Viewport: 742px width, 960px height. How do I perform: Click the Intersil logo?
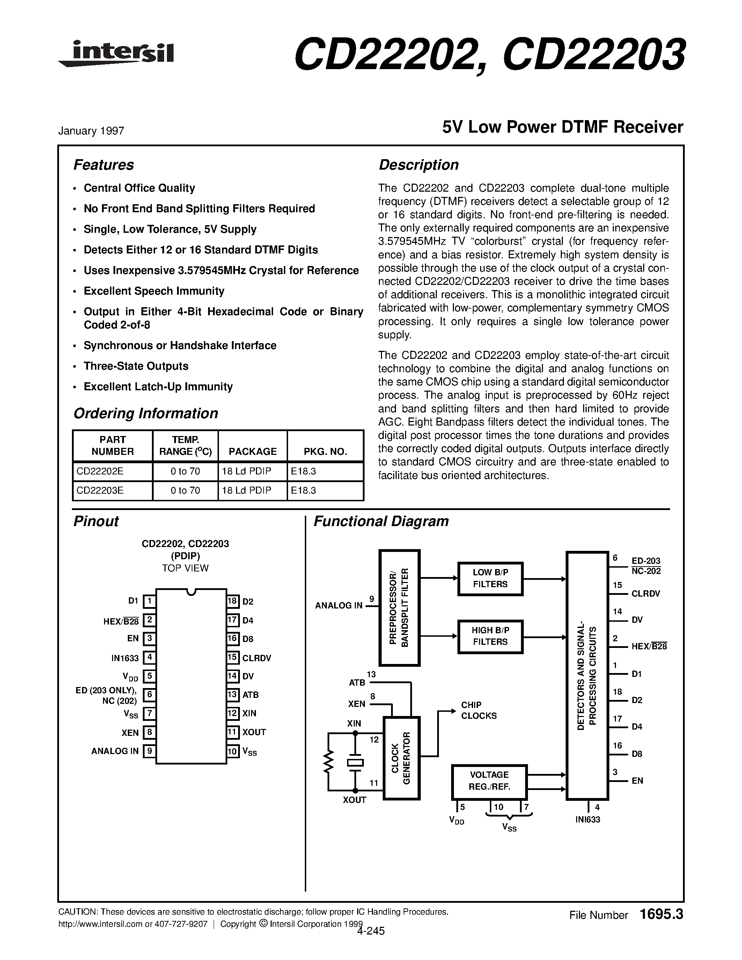pyautogui.click(x=117, y=54)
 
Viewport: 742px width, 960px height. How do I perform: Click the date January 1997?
pyautogui.click(x=91, y=131)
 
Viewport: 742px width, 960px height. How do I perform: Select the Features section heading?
pyautogui.click(x=103, y=165)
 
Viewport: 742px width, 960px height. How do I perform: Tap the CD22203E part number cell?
pyautogui.click(x=100, y=490)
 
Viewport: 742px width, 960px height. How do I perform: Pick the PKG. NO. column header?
pyautogui.click(x=325, y=451)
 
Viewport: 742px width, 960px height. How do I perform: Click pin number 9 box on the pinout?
pyautogui.click(x=149, y=751)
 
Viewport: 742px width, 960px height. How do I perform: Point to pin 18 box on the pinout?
pyautogui.click(x=233, y=601)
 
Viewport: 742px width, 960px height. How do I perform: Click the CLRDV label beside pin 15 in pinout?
pyautogui.click(x=257, y=658)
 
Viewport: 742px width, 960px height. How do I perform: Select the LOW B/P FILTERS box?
pyautogui.click(x=490, y=578)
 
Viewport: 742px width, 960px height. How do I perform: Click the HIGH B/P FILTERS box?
pyautogui.click(x=490, y=636)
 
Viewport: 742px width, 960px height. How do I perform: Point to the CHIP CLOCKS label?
pyautogui.click(x=478, y=710)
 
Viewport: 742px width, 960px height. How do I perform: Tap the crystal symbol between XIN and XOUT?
pyautogui.click(x=355, y=763)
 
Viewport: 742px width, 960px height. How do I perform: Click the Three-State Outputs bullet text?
pyautogui.click(x=136, y=366)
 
